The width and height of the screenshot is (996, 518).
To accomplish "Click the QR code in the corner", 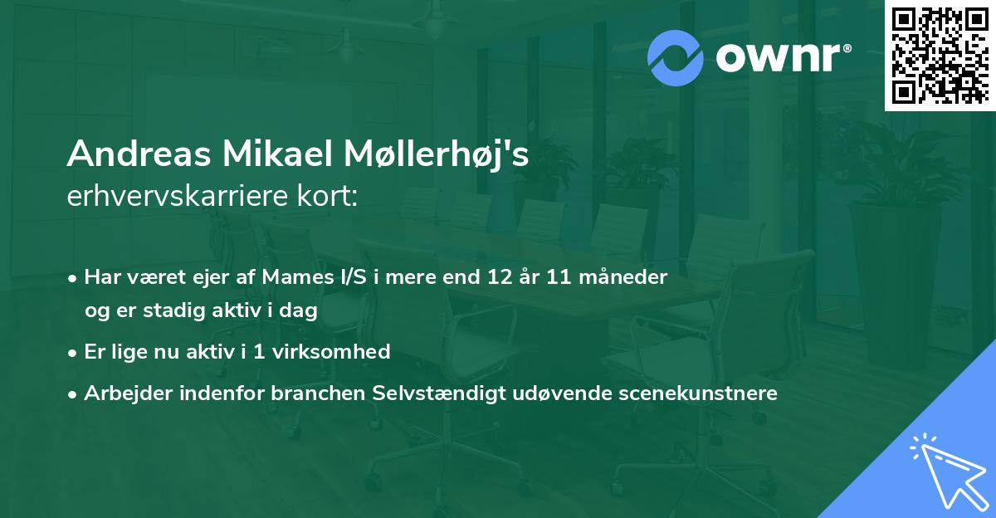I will click(x=940, y=55).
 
